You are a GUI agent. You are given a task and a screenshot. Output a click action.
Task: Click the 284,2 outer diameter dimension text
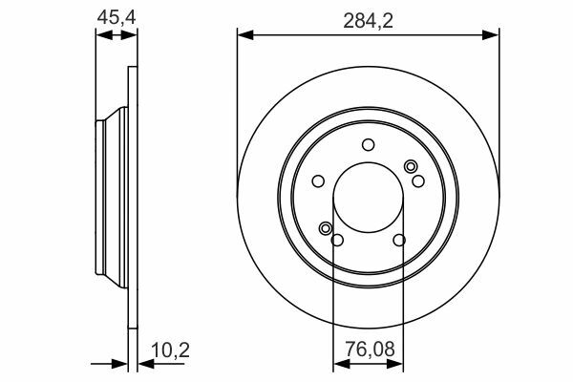point(368,20)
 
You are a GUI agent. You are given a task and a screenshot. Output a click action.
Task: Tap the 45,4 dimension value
point(117,17)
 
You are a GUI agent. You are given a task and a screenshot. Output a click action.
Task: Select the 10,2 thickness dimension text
point(171,350)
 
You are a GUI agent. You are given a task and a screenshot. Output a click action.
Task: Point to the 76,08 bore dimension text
point(371,350)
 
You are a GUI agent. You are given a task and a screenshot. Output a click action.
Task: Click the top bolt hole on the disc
point(368,145)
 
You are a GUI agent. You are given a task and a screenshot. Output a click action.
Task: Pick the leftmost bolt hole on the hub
point(318,180)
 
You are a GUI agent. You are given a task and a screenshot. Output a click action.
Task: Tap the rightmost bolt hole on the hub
point(418,180)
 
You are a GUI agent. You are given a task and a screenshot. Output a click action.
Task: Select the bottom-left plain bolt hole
point(337,240)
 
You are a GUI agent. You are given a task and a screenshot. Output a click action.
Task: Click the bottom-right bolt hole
point(399,240)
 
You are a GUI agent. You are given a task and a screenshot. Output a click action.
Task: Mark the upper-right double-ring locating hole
point(411,167)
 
